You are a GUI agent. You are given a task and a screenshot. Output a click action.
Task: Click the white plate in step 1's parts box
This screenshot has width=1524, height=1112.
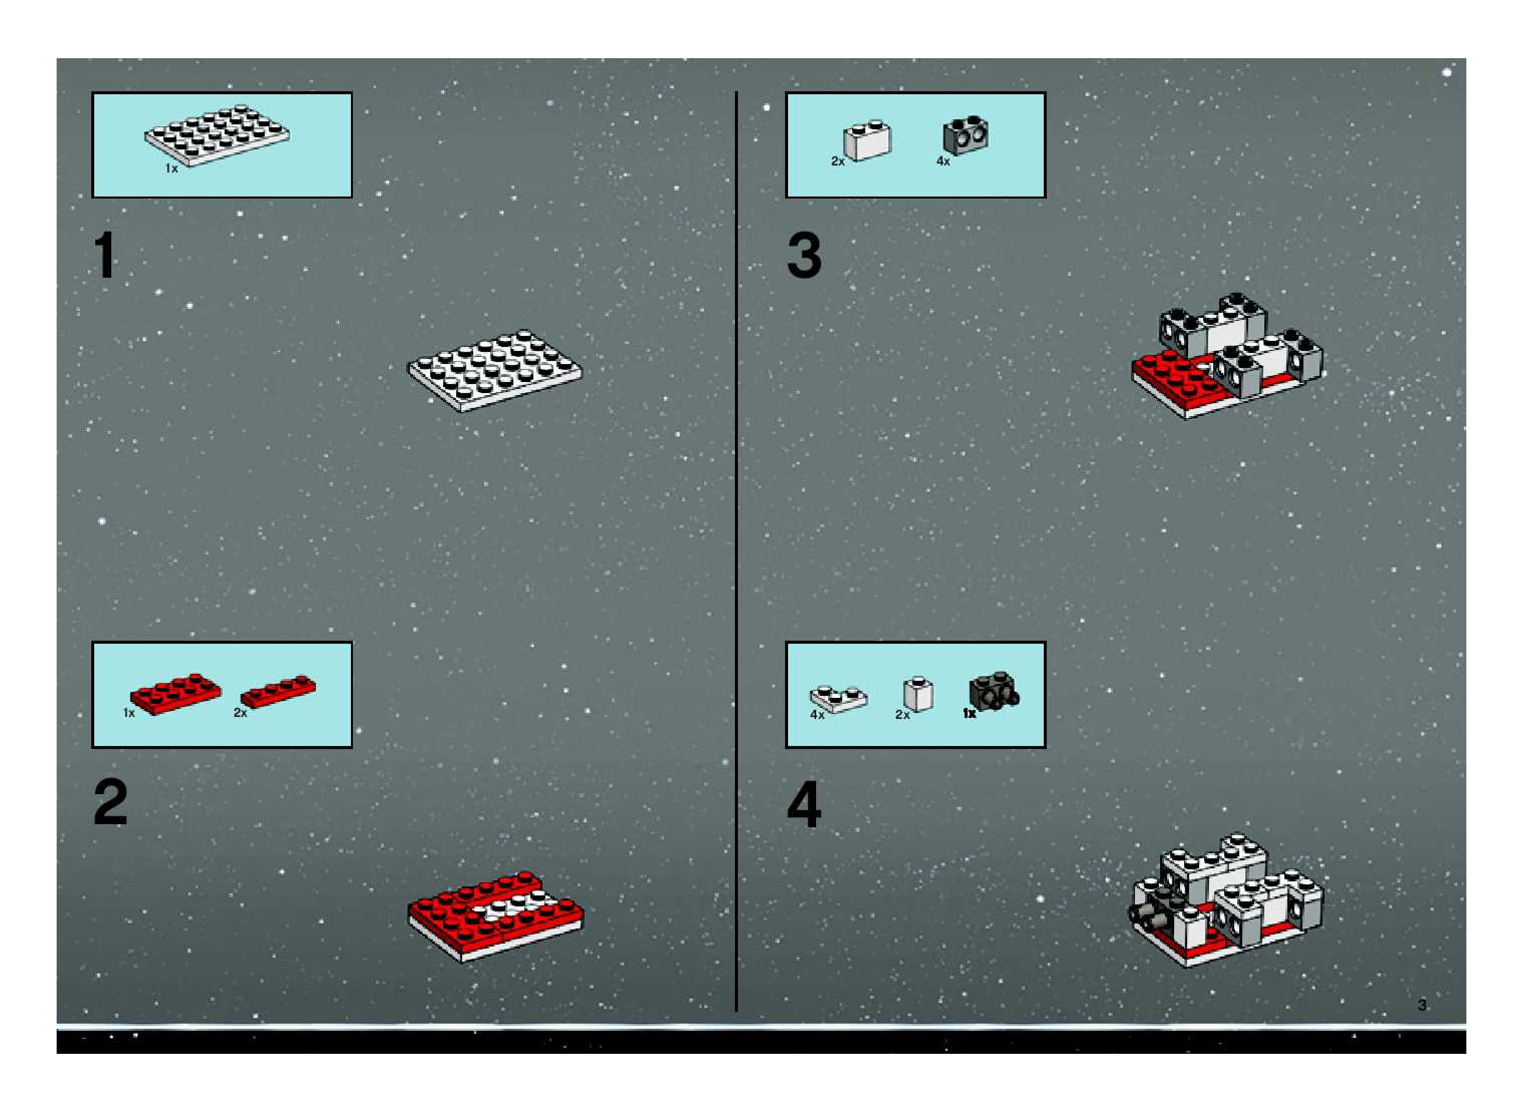pos(217,135)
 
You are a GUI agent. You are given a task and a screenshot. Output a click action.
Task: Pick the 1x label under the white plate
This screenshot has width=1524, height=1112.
pos(171,168)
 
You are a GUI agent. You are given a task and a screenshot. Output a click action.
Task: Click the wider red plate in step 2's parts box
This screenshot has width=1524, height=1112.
pos(175,693)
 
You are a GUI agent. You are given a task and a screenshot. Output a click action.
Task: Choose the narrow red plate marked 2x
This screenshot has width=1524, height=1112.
pos(278,692)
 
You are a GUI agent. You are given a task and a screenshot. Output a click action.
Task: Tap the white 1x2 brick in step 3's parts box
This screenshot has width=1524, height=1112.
pos(868,140)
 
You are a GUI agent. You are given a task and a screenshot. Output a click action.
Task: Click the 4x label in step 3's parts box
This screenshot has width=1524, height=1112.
pos(943,161)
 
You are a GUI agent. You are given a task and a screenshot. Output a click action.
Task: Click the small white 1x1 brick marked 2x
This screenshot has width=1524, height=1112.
pos(918,694)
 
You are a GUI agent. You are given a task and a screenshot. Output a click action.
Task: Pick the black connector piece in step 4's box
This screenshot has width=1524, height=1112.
pos(994,691)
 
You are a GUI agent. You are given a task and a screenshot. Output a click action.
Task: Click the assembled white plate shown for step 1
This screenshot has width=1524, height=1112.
pos(495,370)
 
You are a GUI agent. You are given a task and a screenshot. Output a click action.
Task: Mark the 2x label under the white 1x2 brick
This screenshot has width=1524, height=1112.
pos(837,161)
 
